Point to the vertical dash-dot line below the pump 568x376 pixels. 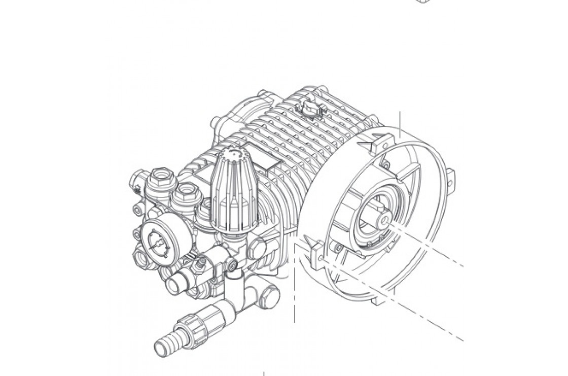coord(295,284)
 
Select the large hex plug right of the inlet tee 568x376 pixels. coord(268,293)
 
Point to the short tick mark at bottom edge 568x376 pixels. coord(265,373)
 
